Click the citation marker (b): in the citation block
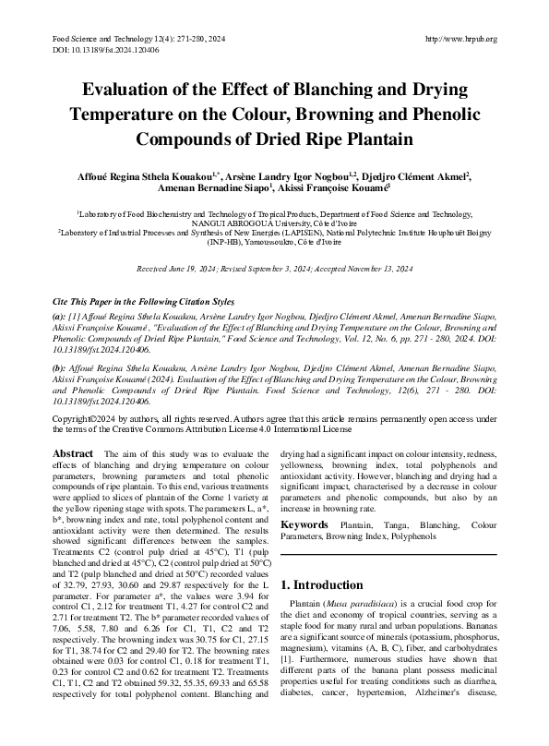coord(58,367)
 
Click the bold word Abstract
coord(73,454)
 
